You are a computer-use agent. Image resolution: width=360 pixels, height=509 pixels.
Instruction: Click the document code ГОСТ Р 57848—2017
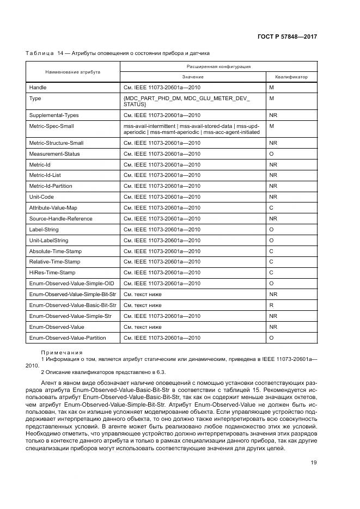[x=288, y=36]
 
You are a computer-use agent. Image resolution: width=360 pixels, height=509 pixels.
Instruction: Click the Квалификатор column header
[x=291, y=77]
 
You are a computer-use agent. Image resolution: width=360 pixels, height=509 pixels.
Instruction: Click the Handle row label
[x=38, y=88]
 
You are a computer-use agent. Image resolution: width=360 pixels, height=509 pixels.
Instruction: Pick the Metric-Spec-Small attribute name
[x=51, y=126]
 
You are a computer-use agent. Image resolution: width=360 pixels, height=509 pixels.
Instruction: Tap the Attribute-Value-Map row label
[x=53, y=208]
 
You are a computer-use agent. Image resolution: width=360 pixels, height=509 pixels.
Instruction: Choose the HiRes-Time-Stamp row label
[x=52, y=273]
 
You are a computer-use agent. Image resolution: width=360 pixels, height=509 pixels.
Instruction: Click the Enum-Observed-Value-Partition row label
[x=67, y=338]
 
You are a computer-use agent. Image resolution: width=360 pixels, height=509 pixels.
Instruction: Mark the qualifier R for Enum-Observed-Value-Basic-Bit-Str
[x=271, y=305]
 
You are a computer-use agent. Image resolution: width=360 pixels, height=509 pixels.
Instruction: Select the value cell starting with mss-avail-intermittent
[x=191, y=129]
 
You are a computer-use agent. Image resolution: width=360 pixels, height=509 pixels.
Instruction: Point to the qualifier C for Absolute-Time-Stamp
[x=271, y=252]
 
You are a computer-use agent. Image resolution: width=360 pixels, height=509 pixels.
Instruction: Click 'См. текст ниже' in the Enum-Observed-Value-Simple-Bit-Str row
[x=143, y=295]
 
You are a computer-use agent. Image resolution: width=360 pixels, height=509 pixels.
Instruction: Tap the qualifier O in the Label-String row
[x=271, y=230]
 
